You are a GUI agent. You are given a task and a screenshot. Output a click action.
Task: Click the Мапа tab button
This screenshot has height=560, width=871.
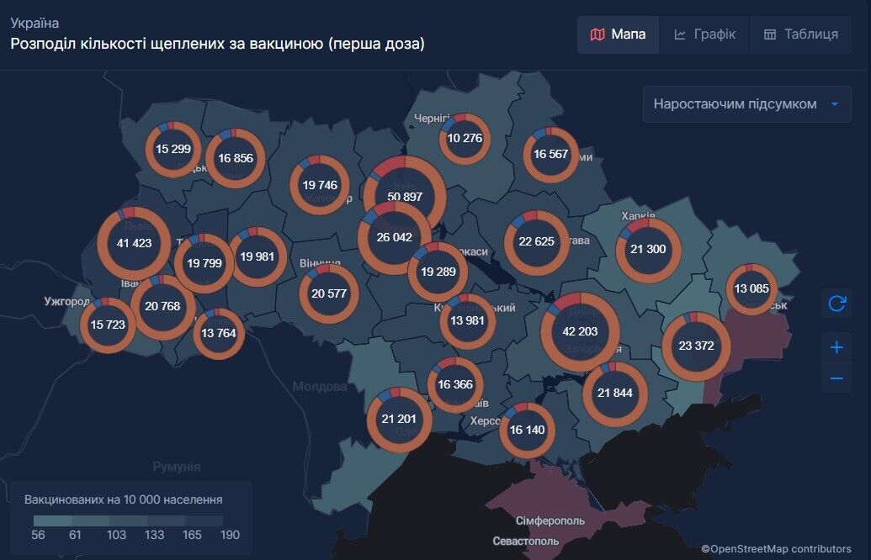pos(618,34)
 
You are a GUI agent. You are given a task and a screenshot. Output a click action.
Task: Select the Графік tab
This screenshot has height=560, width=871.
pos(704,34)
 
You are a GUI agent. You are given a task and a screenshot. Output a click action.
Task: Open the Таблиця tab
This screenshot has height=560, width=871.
pos(800,34)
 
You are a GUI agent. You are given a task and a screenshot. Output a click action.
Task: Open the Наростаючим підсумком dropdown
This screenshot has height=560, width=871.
pos(746,104)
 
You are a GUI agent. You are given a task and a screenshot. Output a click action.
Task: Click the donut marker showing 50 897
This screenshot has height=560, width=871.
pos(405,197)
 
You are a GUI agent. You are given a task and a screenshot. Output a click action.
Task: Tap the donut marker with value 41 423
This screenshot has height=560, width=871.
pos(135,243)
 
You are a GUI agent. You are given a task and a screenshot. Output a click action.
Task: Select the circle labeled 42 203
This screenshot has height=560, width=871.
pos(580,331)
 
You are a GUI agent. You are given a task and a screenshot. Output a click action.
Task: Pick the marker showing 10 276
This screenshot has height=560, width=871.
pos(465,138)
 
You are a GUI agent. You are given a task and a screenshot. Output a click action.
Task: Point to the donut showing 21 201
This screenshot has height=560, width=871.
pos(399,419)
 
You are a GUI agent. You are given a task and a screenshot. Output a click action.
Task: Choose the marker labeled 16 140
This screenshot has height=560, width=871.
pos(527,430)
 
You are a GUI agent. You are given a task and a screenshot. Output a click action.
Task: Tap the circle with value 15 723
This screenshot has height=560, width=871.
pos(108,325)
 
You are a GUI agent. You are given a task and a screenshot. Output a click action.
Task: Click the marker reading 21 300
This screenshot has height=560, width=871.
pos(647,249)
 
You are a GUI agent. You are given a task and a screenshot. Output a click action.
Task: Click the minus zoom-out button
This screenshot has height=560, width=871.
pos(836,378)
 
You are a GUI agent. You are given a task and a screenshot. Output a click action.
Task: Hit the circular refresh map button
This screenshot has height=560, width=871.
pos(836,304)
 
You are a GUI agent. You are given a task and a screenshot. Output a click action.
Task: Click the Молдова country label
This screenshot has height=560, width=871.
pos(320,387)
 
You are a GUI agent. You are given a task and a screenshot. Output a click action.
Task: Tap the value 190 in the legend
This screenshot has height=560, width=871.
pos(230,535)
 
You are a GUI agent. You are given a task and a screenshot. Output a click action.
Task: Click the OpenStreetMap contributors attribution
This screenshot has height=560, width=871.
pos(776,549)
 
